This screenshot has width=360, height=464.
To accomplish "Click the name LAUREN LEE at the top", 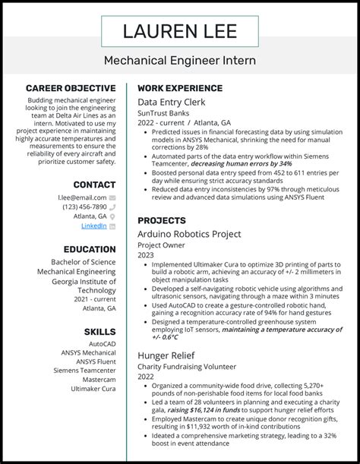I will (180, 31).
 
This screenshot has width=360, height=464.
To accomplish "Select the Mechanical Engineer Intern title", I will (180, 60).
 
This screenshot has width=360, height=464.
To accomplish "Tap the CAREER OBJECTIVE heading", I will (71, 88).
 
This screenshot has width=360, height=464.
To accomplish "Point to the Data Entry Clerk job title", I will (171, 101).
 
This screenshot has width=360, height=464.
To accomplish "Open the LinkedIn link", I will (93, 226).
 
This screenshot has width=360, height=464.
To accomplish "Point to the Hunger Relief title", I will (166, 354).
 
